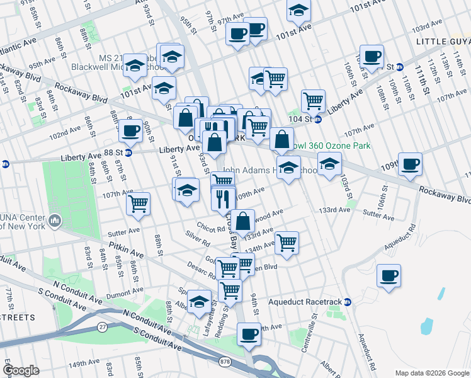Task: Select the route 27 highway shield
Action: pos(102,326)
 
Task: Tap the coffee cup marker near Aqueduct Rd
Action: pos(389,275)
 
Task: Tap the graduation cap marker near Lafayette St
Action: pos(200,302)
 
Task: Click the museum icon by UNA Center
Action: pos(55,221)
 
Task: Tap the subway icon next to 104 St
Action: pos(318,118)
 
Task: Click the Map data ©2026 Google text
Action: pos(432,373)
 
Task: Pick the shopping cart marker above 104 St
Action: pos(313,101)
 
